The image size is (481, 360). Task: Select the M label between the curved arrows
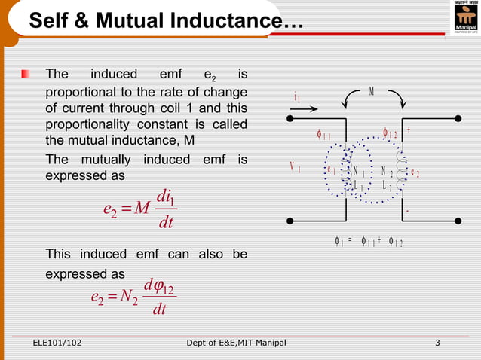[372, 91]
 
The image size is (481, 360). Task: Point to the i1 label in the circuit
[298, 98]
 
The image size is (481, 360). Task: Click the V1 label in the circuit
[295, 167]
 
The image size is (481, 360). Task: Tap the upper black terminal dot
[290, 117]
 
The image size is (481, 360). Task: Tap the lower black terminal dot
[290, 220]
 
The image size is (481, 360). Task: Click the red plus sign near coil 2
[408, 130]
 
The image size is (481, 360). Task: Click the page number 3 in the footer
[437, 345]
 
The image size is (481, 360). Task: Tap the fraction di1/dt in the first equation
[164, 212]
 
